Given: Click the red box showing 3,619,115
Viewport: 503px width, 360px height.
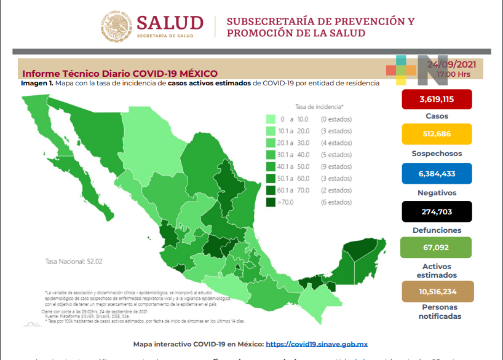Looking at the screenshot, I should (x=437, y=99).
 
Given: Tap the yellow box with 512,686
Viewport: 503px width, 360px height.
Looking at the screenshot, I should (x=437, y=134).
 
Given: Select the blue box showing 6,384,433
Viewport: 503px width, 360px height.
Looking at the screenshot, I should (x=437, y=173).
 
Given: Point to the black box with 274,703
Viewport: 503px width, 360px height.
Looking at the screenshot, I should (x=437, y=211).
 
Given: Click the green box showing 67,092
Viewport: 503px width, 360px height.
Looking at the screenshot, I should (x=437, y=248).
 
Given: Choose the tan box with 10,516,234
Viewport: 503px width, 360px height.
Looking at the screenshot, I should (x=437, y=291).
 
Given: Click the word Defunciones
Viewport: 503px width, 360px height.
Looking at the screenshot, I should (x=437, y=230).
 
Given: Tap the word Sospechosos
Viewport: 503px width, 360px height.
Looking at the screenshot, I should (x=437, y=154).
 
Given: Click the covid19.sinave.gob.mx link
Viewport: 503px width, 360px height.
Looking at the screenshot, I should (x=317, y=344).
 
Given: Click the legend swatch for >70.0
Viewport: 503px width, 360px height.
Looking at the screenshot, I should (x=271, y=202).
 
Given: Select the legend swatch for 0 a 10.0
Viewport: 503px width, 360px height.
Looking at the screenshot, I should (x=271, y=119).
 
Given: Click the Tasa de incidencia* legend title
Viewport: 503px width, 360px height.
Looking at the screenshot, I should (x=319, y=106).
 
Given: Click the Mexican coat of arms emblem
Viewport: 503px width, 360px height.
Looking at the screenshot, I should (x=116, y=25).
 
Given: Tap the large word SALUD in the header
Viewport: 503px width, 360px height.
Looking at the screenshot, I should (x=170, y=23).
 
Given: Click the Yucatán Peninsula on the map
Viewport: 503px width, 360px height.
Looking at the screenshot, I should (x=363, y=258).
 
